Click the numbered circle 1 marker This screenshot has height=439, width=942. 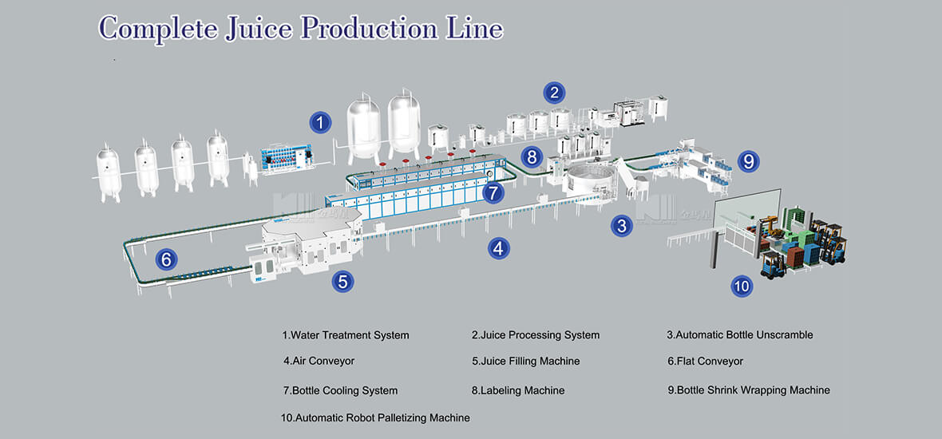pos(320,123)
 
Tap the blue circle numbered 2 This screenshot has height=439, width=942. pos(554,93)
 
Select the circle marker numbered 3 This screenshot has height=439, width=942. pos(623,226)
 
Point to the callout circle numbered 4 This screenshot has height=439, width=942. pos(499,248)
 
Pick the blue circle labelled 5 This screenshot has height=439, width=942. pos(343,281)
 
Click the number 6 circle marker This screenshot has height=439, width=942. pos(166,259)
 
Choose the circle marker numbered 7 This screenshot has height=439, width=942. pos(493,192)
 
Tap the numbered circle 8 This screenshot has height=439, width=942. pos(533,156)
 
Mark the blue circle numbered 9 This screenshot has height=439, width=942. pos(748,161)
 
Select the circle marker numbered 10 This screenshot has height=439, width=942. pos(742,286)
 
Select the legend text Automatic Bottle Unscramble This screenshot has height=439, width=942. pos(740,335)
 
